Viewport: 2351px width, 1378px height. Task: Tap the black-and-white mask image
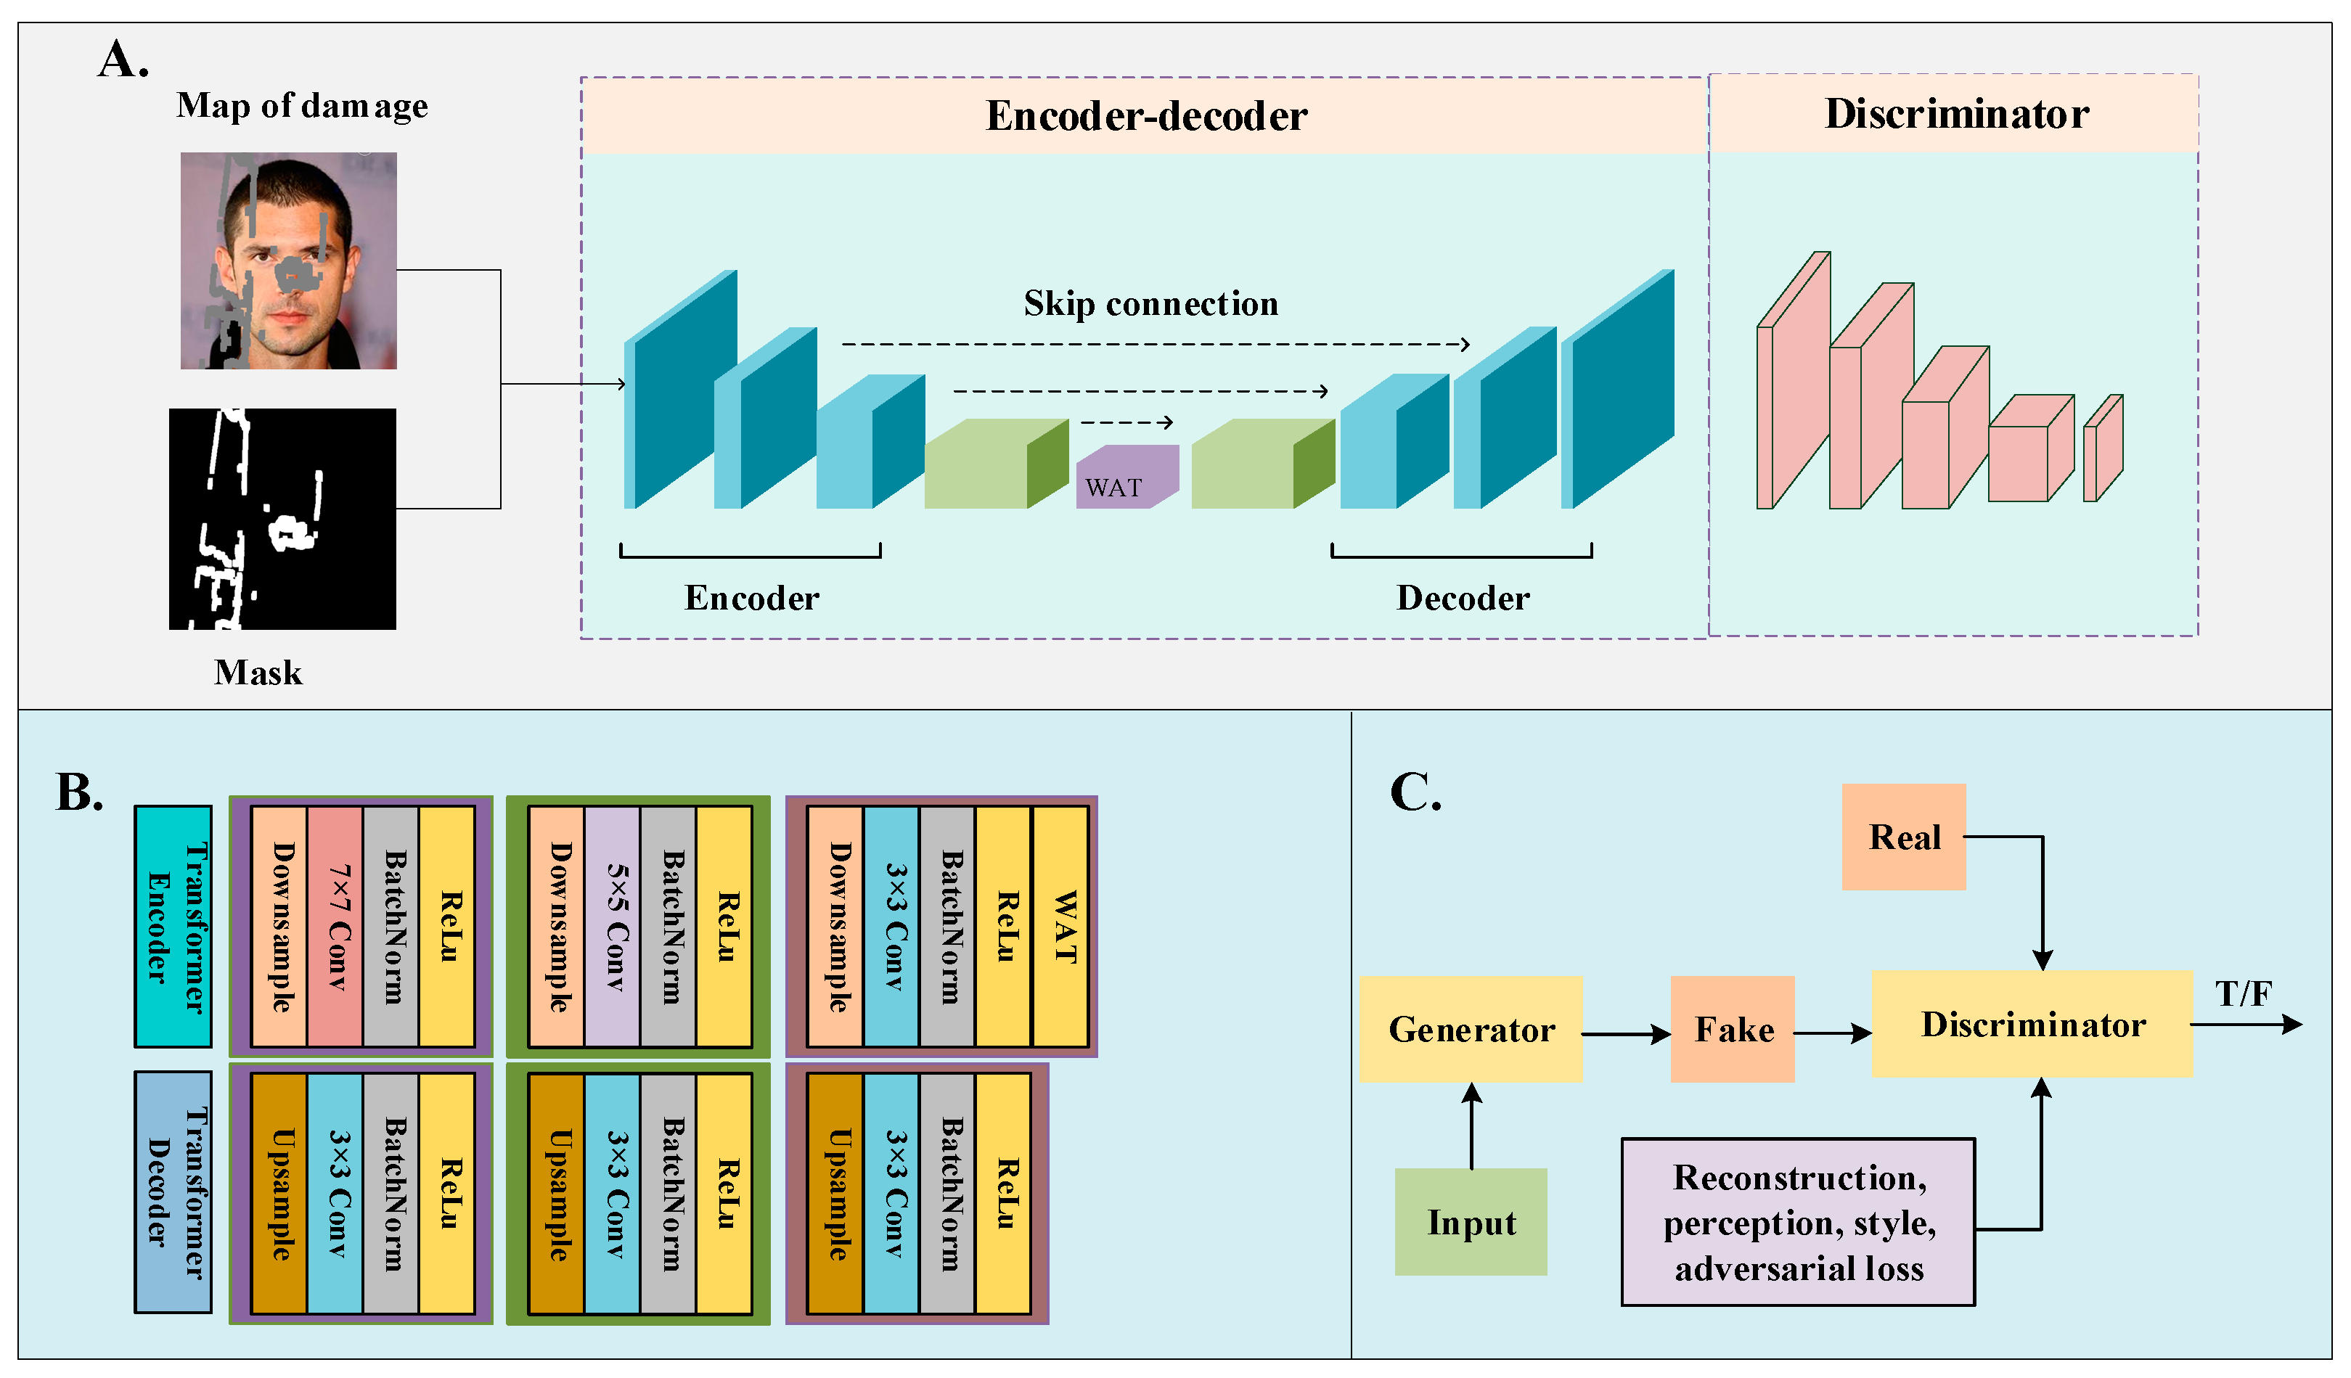click(282, 519)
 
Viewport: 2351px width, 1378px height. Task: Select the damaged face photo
click(288, 261)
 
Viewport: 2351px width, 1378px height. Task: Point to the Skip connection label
click(1150, 304)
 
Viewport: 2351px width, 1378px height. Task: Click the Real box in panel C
click(1903, 837)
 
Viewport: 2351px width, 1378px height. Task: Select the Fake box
click(1733, 1029)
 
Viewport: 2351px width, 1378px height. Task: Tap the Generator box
click(1471, 1029)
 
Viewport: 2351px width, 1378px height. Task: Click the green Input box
click(1471, 1221)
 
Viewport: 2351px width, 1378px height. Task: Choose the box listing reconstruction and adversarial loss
click(1797, 1221)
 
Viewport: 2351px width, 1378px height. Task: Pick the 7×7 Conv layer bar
click(335, 927)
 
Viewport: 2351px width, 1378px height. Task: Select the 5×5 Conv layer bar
click(612, 927)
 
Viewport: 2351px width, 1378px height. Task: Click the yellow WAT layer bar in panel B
click(1060, 927)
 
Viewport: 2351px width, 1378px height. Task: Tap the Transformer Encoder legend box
click(173, 927)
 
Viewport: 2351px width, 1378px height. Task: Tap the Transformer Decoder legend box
click(173, 1192)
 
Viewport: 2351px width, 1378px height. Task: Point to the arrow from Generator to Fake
click(1624, 1034)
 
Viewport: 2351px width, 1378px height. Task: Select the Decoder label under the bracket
click(1461, 598)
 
